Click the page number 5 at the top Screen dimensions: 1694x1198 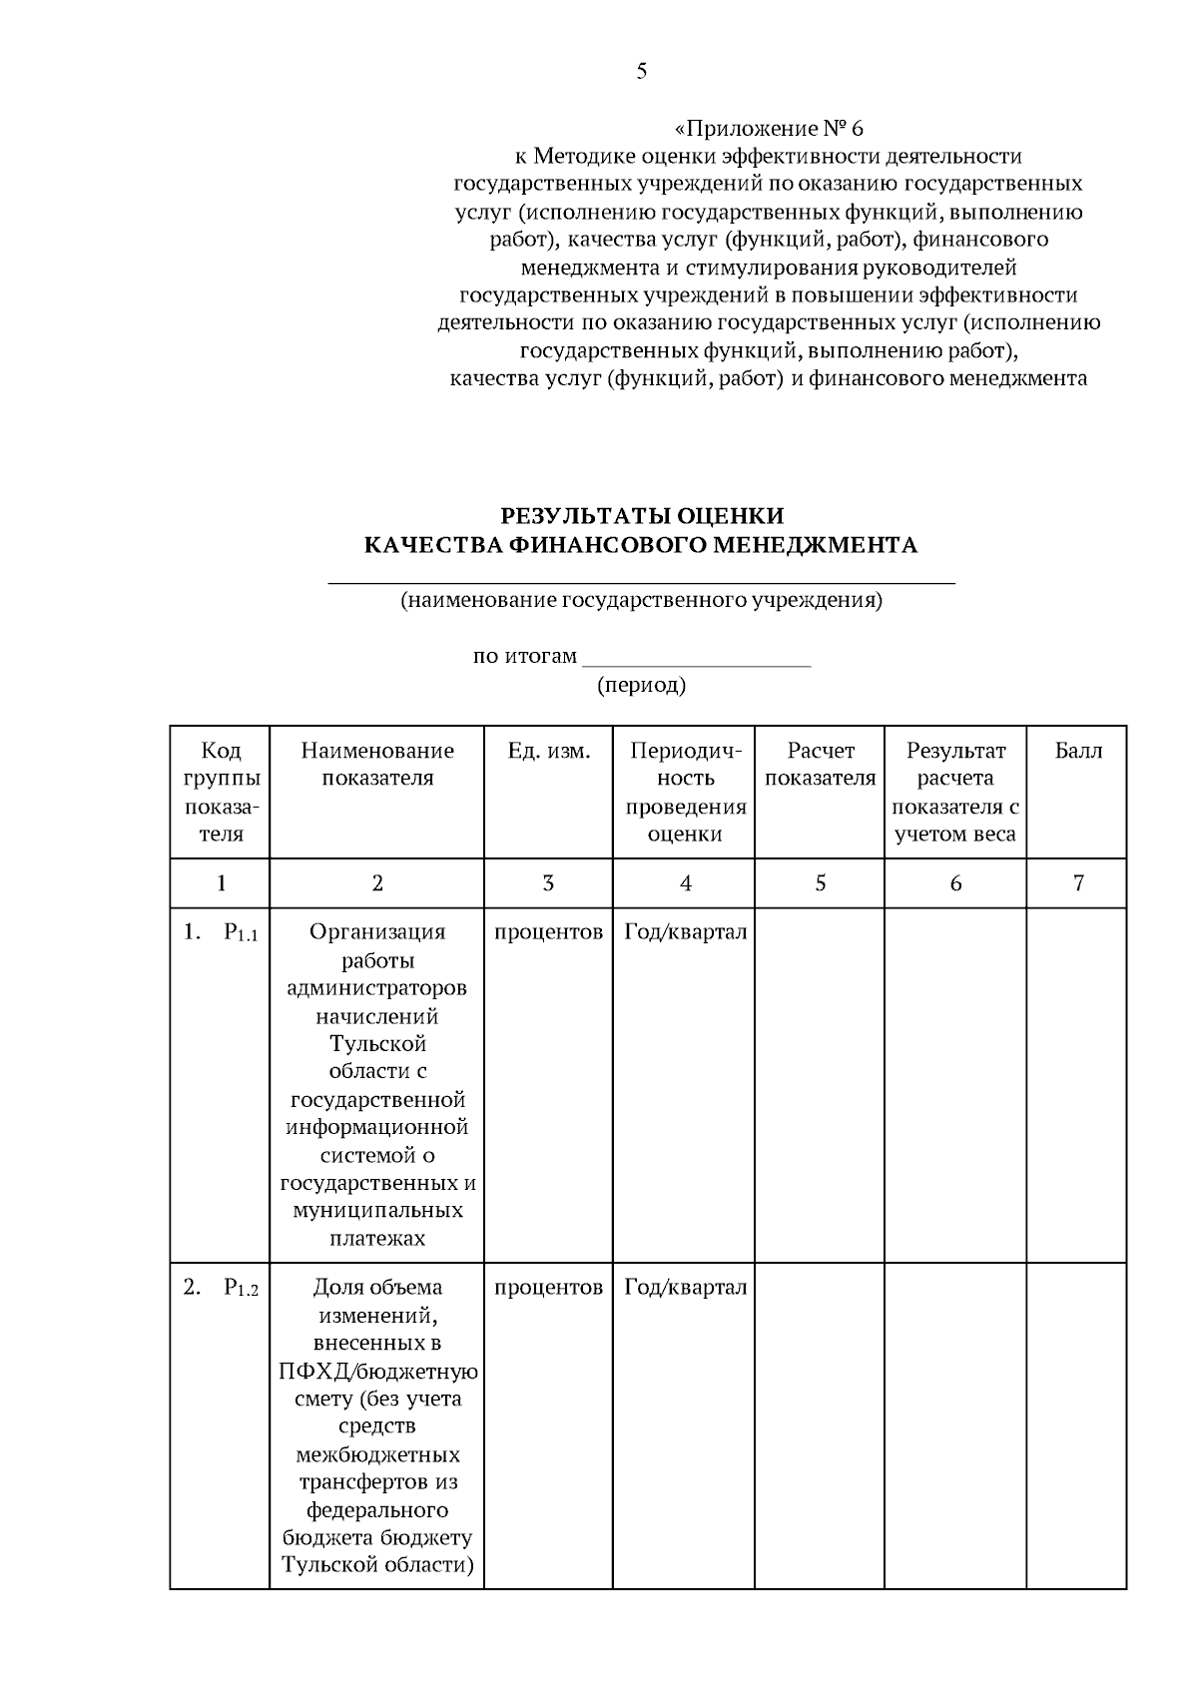(641, 71)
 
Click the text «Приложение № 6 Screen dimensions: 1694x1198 (769, 129)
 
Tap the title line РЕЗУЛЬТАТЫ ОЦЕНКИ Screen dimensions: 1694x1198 (641, 516)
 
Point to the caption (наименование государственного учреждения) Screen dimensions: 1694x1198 (641, 601)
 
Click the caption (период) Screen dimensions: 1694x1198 (641, 686)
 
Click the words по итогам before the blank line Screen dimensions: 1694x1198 (525, 657)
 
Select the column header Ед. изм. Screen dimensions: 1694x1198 (548, 751)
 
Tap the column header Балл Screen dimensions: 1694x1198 (1078, 751)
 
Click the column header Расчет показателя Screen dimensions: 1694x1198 (820, 765)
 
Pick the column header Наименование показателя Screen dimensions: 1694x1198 (377, 765)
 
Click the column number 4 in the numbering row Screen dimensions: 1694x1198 (685, 883)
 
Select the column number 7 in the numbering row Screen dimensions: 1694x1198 (1078, 883)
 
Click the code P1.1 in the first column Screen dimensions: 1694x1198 (241, 934)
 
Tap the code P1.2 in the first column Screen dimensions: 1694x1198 (241, 1289)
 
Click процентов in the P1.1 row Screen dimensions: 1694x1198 (548, 932)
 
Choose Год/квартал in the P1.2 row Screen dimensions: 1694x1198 (685, 1288)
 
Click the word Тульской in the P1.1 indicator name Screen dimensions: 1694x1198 (377, 1044)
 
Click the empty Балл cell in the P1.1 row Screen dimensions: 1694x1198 (1077, 1083)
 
